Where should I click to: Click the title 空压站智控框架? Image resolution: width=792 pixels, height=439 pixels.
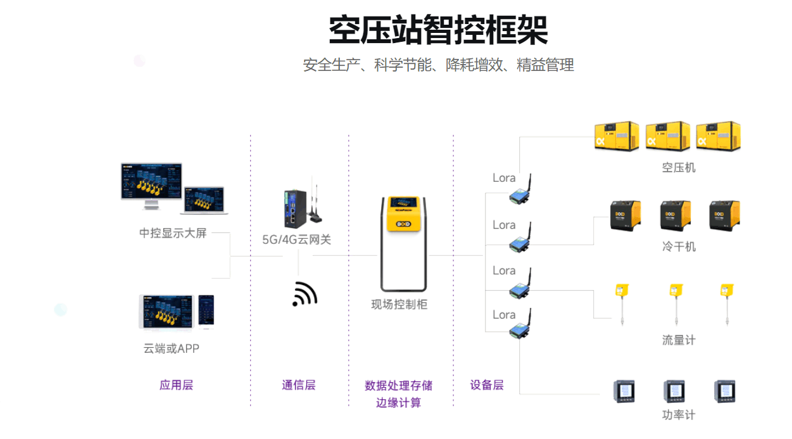click(x=438, y=30)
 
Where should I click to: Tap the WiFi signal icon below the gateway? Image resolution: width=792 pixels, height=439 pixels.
click(x=305, y=294)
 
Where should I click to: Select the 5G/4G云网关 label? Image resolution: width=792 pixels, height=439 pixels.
click(x=297, y=240)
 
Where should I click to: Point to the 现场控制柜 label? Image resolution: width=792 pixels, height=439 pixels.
click(x=399, y=305)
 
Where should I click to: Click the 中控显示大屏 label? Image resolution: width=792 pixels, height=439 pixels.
click(x=173, y=233)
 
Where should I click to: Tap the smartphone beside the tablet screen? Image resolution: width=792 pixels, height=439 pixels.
click(x=206, y=310)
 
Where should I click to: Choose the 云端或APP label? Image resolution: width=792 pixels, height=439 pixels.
click(x=171, y=348)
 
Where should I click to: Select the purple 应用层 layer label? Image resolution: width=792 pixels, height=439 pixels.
click(x=176, y=385)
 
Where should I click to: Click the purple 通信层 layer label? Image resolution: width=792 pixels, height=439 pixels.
click(x=298, y=385)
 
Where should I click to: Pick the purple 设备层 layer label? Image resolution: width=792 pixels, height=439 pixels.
click(x=486, y=385)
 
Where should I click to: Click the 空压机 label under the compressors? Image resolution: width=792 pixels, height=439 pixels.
click(x=679, y=168)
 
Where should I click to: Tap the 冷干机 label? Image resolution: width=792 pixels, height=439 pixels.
click(x=679, y=246)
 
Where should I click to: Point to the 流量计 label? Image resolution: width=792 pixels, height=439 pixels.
click(x=679, y=340)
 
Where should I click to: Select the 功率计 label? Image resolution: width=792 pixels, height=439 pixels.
click(x=679, y=415)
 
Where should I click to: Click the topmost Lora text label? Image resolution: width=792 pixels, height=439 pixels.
click(x=504, y=178)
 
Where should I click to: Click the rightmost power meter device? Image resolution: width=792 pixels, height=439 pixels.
click(x=724, y=391)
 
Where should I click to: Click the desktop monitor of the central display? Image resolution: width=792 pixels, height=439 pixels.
click(x=152, y=184)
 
